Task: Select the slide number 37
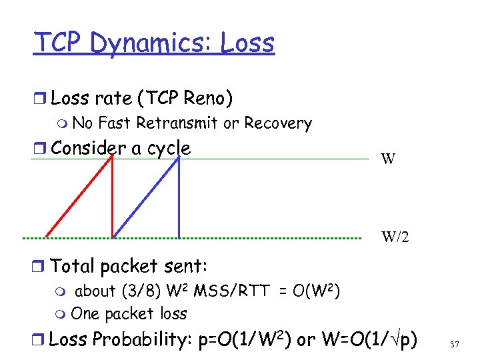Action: [455, 344]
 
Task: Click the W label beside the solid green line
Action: [389, 159]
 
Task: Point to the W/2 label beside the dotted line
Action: [396, 237]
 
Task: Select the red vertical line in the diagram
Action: [113, 197]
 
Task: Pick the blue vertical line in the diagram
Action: [179, 197]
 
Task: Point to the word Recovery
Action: [278, 123]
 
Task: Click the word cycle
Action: [169, 148]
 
